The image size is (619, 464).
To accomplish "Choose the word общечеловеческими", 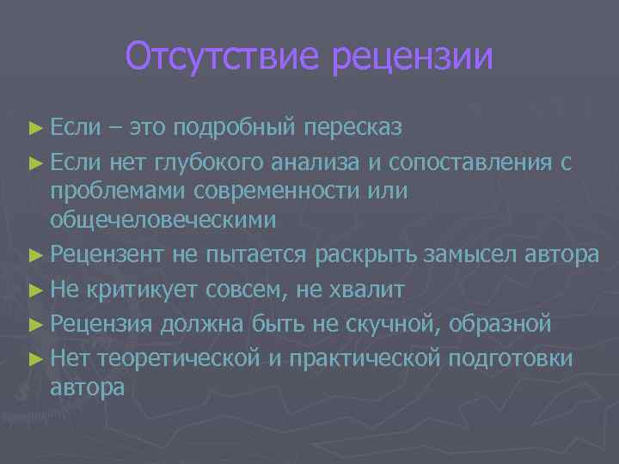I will point(163,220).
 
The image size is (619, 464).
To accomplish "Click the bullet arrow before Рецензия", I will point(34,324).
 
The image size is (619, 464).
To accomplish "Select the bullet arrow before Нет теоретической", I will point(34,357).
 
